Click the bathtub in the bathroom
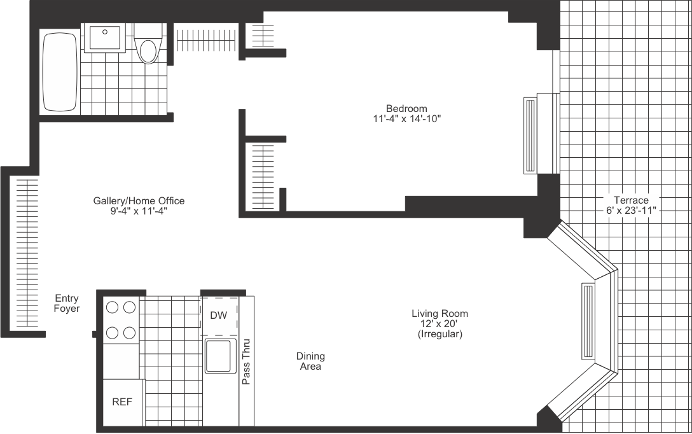pos(60,71)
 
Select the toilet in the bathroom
pos(148,45)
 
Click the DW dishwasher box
pos(219,316)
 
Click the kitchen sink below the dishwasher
pos(219,357)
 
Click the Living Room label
pos(439,314)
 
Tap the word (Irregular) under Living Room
pos(439,334)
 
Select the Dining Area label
pos(310,361)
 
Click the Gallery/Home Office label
pos(139,201)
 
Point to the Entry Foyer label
pos(67,304)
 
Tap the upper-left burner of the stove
pos(113,307)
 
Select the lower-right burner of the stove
pos(129,332)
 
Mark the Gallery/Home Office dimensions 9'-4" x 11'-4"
pos(139,211)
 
